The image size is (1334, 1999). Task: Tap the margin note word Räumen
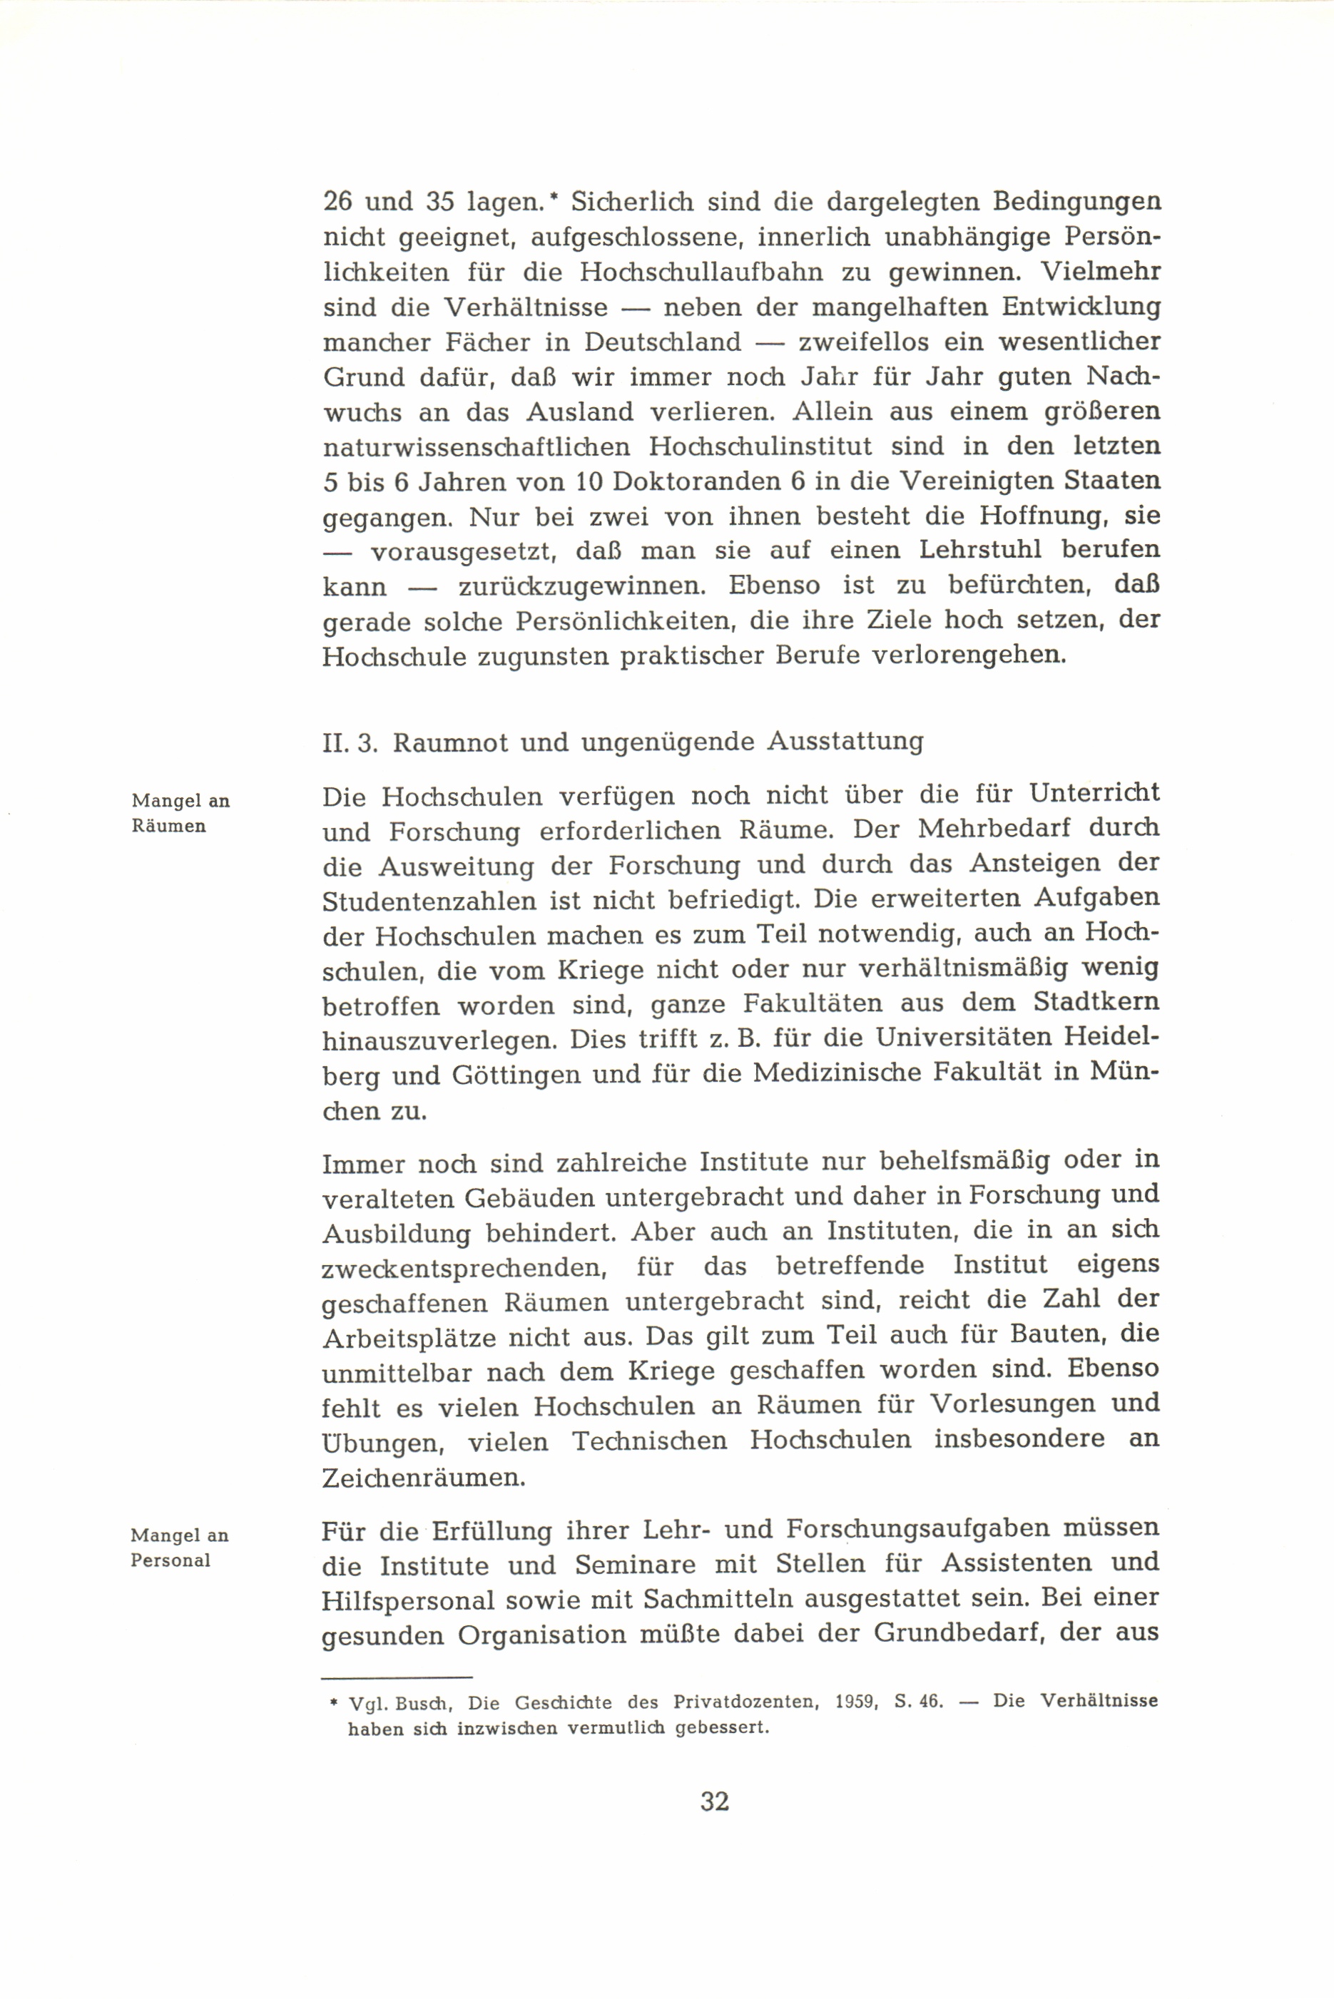168,826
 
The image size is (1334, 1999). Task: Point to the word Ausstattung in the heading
845,742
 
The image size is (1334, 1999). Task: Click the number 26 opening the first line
339,203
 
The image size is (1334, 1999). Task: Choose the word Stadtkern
1096,1003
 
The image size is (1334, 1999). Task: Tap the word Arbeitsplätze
409,1337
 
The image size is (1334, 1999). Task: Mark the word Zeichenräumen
424,1477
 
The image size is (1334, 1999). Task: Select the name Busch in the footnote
419,1702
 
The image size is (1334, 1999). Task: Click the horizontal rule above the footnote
397,1677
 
